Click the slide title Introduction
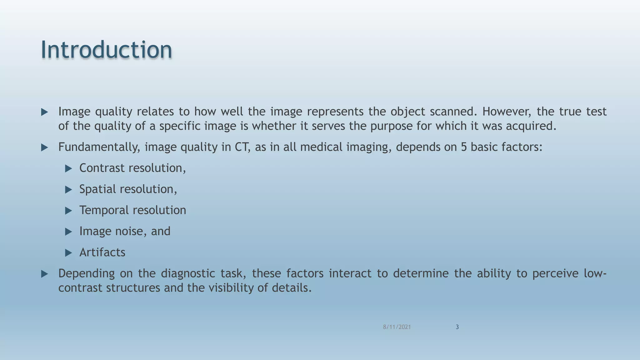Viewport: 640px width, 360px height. tap(106, 49)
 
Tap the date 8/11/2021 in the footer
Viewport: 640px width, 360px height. tap(397, 327)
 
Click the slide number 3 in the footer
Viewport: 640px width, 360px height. tap(457, 327)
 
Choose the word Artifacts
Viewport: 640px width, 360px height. tap(102, 252)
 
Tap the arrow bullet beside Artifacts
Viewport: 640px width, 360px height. tap(68, 253)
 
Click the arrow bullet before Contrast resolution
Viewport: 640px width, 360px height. tap(68, 169)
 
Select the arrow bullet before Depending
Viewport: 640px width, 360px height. tap(44, 274)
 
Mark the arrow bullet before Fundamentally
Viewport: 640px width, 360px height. tap(44, 147)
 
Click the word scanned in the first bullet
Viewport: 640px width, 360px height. tap(452, 111)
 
